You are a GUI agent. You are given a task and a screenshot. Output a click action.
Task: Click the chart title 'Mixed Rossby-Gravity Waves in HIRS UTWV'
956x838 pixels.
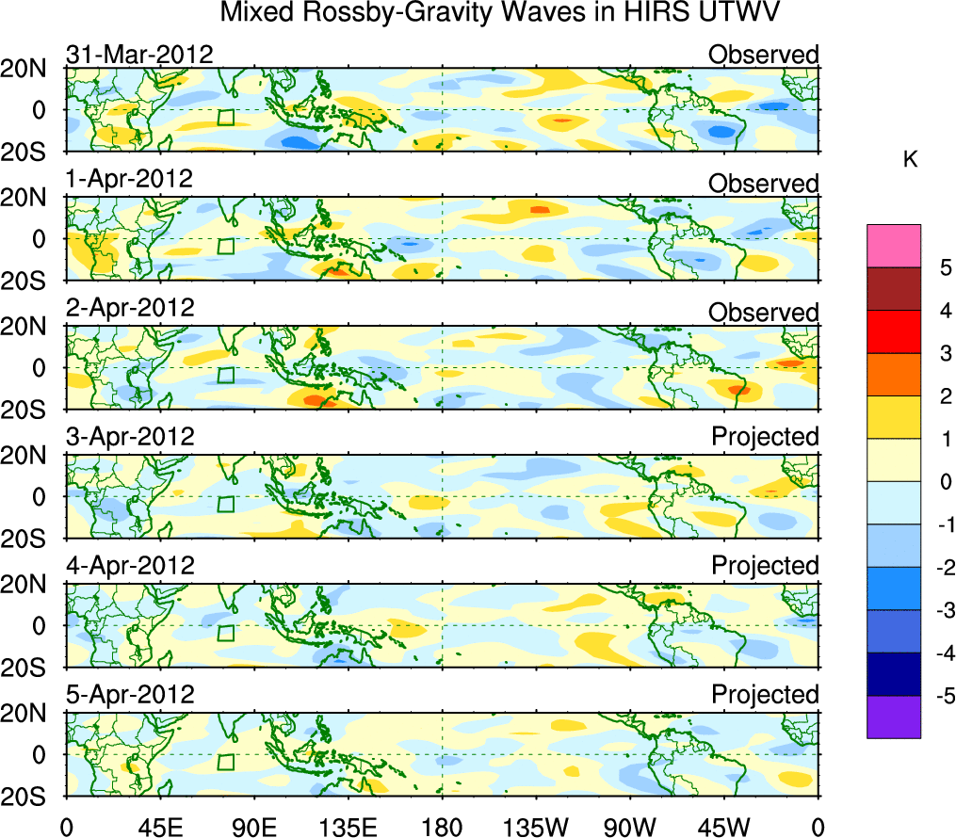pos(500,13)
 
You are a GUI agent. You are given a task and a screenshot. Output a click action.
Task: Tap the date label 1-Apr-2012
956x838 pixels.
pos(130,179)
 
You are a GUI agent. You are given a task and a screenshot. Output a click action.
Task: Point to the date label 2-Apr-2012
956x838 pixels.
pos(130,308)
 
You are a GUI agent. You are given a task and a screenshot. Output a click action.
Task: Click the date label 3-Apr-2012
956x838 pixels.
pos(130,437)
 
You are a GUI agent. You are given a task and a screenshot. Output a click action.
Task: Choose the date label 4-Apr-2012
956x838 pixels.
pos(130,566)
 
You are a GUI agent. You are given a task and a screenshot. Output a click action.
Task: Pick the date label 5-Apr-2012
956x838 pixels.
pos(130,695)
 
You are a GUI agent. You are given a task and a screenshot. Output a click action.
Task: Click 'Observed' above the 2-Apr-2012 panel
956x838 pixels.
pos(764,313)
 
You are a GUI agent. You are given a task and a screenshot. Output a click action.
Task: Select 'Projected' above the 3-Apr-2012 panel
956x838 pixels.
pos(765,437)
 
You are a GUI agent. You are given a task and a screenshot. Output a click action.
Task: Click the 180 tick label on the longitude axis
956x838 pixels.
pos(442,828)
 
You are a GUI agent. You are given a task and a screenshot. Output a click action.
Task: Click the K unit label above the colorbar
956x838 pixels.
pos(909,160)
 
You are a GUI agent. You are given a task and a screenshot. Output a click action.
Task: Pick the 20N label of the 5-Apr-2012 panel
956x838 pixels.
pos(33,713)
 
